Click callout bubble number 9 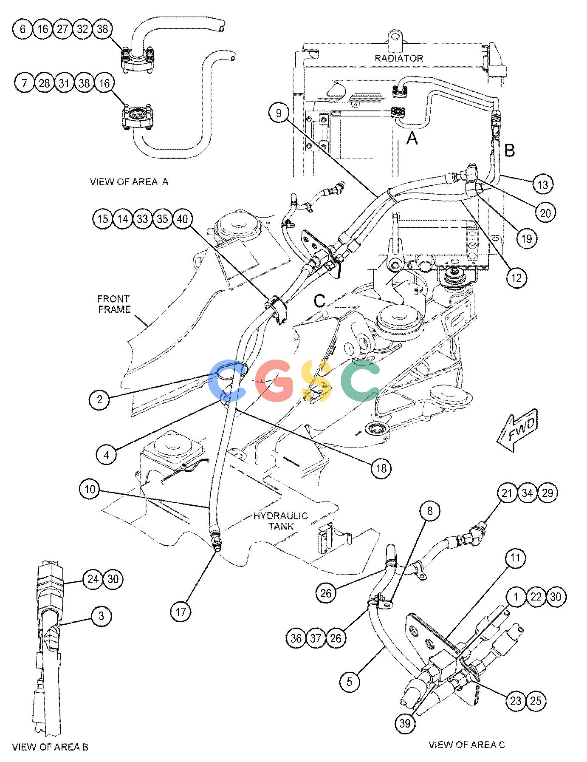[279, 113]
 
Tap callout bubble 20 [545, 212]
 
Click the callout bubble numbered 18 [381, 468]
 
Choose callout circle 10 [90, 489]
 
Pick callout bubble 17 [181, 612]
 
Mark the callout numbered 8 [430, 510]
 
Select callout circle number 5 [350, 682]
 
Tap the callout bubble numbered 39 [405, 723]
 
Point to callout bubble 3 [101, 616]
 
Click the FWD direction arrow [517, 431]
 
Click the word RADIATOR [399, 58]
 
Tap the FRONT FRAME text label [114, 304]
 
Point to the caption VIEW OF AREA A [129, 181]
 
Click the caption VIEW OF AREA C [467, 744]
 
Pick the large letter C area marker [320, 301]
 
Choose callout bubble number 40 [183, 219]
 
